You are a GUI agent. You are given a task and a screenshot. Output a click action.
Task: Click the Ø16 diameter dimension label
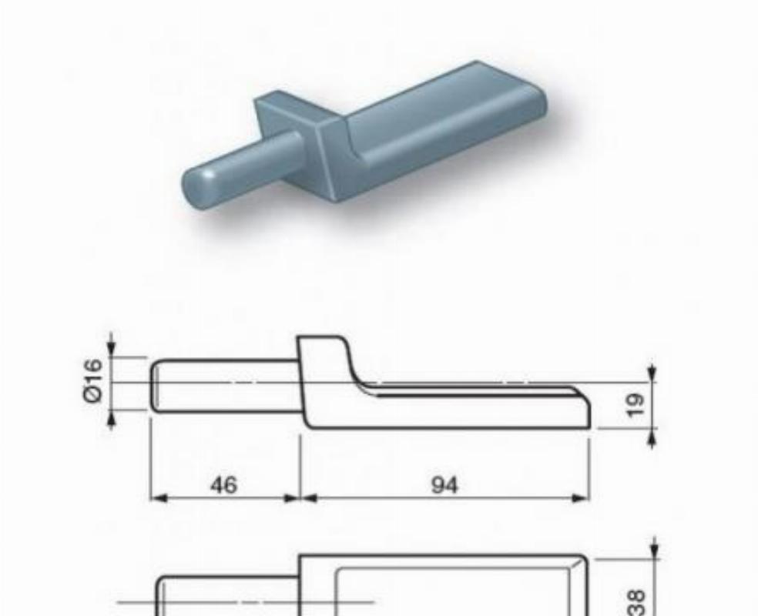(93, 380)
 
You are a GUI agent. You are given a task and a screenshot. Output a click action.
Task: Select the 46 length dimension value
(224, 484)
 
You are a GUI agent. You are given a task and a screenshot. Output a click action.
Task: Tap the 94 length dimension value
(444, 485)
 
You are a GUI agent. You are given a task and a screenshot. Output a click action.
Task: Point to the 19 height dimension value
(636, 405)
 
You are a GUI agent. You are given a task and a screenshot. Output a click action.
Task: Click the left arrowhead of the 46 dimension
(159, 498)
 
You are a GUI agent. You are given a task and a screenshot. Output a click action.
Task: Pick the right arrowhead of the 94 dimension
(581, 498)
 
